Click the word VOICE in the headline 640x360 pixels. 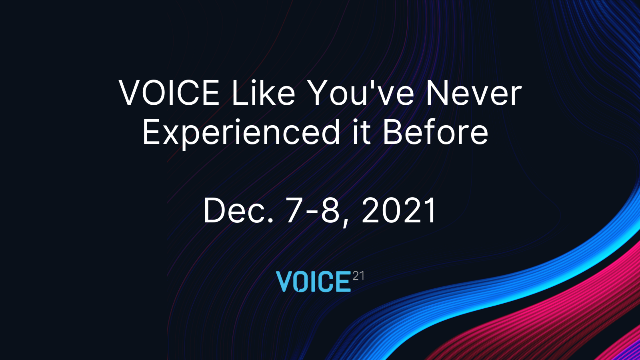169,92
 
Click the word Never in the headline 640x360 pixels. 474,92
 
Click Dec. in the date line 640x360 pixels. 238,211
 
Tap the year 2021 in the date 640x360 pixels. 398,210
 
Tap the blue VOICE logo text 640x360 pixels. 313,282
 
